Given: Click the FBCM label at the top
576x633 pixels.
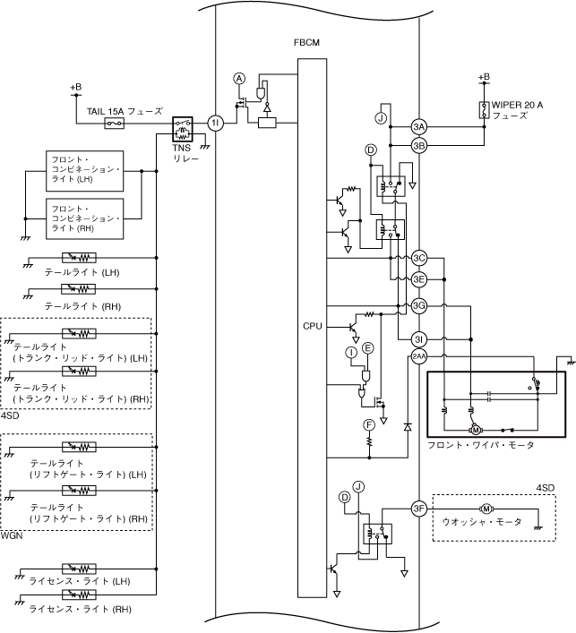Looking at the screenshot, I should (x=306, y=42).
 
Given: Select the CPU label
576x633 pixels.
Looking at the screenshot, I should (x=313, y=326).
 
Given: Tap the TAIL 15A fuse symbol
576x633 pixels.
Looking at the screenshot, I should (x=114, y=124).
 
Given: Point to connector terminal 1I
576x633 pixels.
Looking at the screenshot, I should (x=215, y=124).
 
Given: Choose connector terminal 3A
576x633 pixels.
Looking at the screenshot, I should (x=419, y=125).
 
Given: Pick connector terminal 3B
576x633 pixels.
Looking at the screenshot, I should (x=419, y=145).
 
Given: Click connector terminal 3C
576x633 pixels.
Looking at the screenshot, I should (x=419, y=259).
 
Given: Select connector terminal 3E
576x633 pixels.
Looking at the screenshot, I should (x=419, y=278).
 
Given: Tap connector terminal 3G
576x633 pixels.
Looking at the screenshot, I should (x=419, y=306).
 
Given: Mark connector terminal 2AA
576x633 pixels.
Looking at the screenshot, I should (x=419, y=358).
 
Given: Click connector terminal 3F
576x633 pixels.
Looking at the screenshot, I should (x=419, y=509).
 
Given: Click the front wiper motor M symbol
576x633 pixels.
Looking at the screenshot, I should (x=477, y=430).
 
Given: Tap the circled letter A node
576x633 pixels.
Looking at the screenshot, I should (x=239, y=79).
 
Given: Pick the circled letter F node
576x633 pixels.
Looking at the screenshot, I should (x=368, y=423).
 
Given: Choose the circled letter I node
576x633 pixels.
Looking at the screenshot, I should (x=352, y=354).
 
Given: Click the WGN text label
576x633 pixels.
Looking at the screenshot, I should (x=13, y=535).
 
